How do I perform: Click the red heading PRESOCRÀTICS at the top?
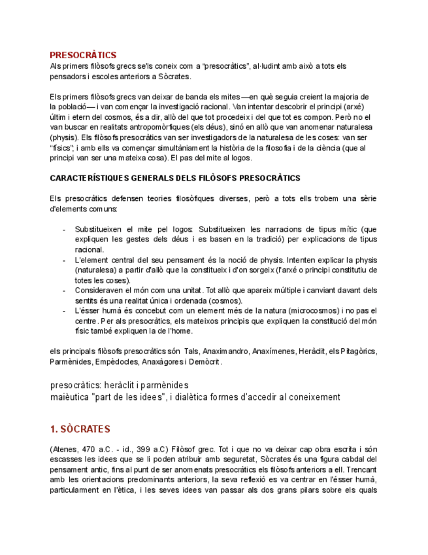point(83,55)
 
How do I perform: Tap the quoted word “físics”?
point(62,148)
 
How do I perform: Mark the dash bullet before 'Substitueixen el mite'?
point(63,230)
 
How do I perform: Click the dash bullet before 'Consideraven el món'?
point(63,290)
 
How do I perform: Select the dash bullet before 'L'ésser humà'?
point(63,310)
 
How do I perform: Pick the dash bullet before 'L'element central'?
point(63,260)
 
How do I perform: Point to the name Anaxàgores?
point(164,361)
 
